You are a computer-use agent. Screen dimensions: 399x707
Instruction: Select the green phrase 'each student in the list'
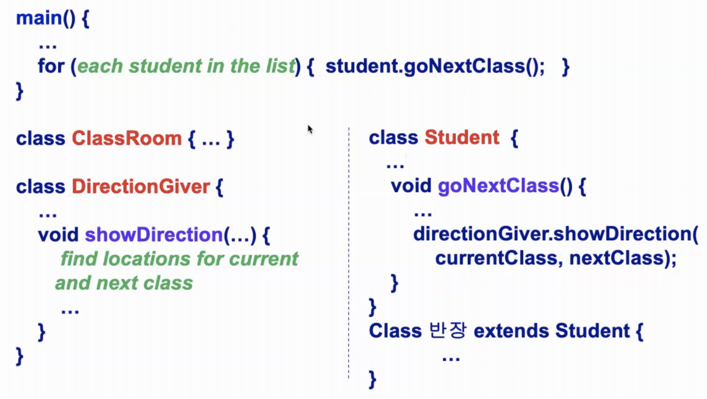tap(186, 66)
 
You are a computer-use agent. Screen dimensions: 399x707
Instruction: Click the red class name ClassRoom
tap(126, 139)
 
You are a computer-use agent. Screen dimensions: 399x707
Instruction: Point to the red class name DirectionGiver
tap(141, 187)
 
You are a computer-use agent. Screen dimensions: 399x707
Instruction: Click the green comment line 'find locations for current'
tap(179, 259)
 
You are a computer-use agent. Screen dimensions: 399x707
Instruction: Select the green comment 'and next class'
tap(124, 283)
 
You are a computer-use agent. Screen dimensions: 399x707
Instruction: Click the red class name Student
tap(461, 138)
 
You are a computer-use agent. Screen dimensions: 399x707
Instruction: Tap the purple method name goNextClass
tap(498, 186)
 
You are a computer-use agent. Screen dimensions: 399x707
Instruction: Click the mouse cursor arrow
tap(310, 129)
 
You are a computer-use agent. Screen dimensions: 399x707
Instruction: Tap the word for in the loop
tap(51, 66)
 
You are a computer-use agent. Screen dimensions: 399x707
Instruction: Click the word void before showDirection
tap(58, 235)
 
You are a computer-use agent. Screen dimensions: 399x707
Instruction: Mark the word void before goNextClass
tap(411, 186)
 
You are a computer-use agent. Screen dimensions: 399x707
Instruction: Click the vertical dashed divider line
tap(348, 252)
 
